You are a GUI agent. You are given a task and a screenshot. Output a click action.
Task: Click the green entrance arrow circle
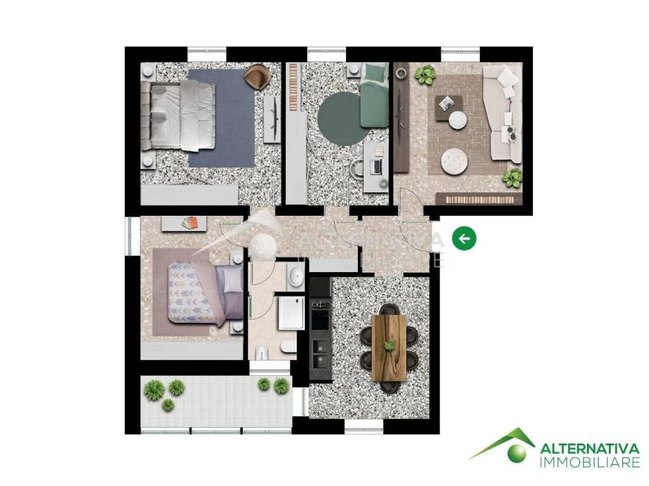point(464,239)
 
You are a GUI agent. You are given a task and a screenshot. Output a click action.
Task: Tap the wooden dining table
point(389,347)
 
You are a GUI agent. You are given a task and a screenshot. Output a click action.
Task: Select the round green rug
point(339,118)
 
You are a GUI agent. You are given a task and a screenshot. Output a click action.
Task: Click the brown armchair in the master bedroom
point(257,77)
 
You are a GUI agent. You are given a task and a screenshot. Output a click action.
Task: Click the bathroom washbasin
point(295,276)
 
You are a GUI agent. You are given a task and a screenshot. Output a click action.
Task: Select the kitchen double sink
point(319,354)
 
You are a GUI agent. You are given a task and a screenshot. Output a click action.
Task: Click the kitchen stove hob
point(319,319)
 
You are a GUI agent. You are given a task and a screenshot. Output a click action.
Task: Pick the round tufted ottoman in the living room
point(454,161)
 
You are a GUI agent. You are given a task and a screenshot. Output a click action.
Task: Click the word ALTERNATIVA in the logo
point(590,449)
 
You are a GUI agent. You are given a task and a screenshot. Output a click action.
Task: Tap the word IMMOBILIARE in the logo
point(590,463)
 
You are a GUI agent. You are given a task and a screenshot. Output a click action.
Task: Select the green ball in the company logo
point(517,452)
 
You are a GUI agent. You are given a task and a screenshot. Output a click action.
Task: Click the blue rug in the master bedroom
point(221,118)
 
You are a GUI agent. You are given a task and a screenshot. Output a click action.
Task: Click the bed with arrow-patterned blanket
point(205,292)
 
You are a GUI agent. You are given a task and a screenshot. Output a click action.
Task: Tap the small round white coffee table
point(458,120)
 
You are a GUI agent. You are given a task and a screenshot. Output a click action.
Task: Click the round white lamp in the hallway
point(262,247)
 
